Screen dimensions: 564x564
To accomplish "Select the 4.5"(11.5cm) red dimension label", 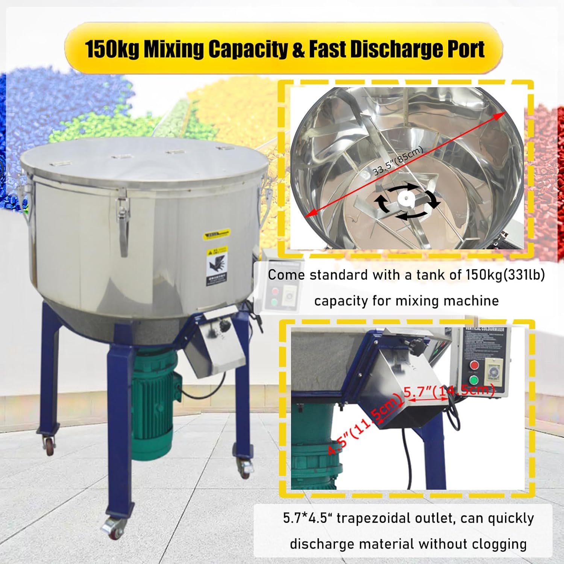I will pos(363,425).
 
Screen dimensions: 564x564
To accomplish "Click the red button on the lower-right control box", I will pos(474,365).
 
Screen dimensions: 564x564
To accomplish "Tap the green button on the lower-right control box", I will pos(474,380).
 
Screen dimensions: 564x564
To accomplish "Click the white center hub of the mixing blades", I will pos(406,198).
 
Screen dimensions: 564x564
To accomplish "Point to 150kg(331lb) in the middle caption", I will pos(505,275).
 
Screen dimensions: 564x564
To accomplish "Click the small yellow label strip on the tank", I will pos(216,235).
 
